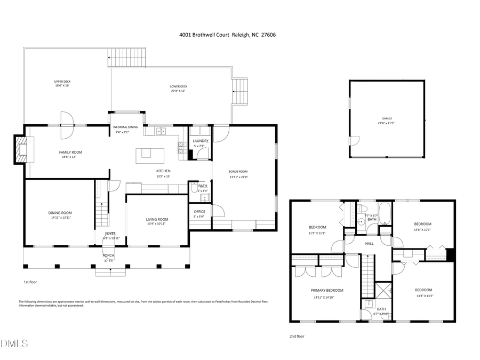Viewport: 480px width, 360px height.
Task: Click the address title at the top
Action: (x=227, y=35)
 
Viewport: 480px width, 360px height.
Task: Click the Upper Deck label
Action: (x=62, y=82)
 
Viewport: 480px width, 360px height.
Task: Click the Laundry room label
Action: (x=201, y=141)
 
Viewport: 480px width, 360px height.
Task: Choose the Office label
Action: (x=199, y=212)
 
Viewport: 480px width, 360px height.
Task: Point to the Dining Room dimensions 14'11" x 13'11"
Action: (x=60, y=218)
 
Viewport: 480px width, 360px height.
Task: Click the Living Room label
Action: (x=157, y=219)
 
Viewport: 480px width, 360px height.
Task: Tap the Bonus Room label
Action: (x=238, y=172)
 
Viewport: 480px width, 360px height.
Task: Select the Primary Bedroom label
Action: (x=327, y=290)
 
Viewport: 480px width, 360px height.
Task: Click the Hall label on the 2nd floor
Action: (x=369, y=244)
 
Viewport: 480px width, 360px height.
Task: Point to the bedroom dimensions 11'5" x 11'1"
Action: (x=317, y=233)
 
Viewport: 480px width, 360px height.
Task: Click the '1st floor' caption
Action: (x=30, y=282)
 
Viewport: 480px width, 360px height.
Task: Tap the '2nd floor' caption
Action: (x=297, y=337)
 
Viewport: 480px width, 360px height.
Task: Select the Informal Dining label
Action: (x=126, y=127)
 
